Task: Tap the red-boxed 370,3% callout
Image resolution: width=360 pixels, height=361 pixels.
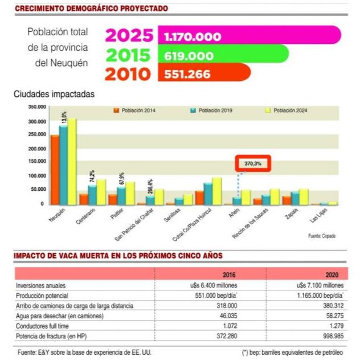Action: coord(253,163)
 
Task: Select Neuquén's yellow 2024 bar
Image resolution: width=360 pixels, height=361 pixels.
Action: coord(72,161)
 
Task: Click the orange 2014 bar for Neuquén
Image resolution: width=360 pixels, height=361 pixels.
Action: coord(55,169)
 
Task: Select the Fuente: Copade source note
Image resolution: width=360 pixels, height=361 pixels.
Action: coord(322,236)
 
